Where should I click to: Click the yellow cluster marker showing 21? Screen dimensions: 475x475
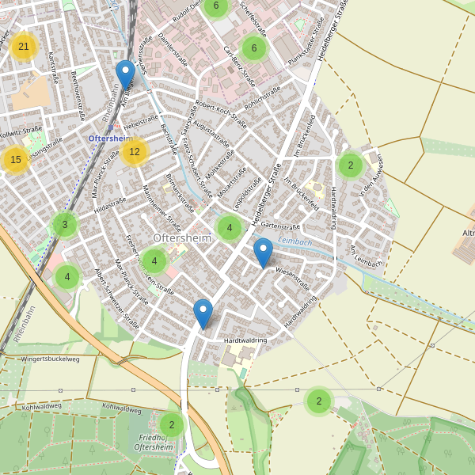[x=24, y=47]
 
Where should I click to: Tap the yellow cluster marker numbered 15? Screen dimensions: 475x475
[x=16, y=160]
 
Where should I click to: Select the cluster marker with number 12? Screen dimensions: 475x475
[x=135, y=151]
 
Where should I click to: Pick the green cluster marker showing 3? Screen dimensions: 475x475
[x=65, y=225]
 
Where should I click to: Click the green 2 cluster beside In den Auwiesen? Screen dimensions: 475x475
[x=350, y=165]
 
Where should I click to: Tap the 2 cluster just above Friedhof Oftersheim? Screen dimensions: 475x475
[x=171, y=425]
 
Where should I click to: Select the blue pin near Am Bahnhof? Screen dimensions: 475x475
[x=125, y=75]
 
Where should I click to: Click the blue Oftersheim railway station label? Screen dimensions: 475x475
[x=108, y=139]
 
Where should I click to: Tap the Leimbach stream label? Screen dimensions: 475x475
[x=296, y=242]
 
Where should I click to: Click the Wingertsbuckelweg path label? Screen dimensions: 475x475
[x=51, y=359]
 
